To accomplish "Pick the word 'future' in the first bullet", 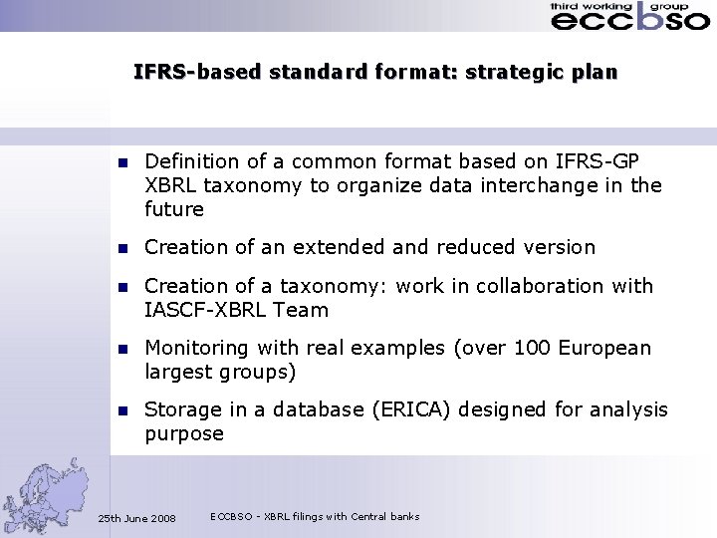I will click(174, 209).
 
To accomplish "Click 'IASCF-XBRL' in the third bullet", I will click(204, 310).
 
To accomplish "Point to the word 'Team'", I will click(302, 310).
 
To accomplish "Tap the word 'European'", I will click(604, 348).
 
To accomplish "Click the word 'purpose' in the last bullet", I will click(184, 434).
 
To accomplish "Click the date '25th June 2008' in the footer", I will click(136, 519).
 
